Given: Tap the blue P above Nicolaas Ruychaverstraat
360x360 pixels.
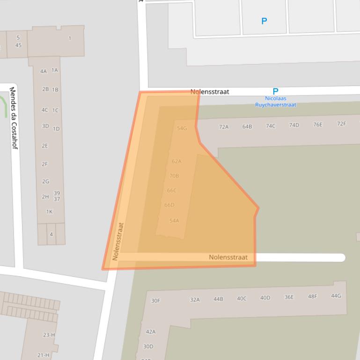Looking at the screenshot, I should point(275,92).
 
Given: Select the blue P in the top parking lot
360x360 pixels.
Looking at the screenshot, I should point(264,21).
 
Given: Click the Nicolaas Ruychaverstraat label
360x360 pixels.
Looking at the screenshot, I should point(275,101).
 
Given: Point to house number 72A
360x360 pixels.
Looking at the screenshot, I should point(224,127).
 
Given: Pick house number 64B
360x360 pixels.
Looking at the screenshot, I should point(247,126).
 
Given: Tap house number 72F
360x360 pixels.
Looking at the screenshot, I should point(342,124).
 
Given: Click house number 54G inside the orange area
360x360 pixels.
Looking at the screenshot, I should point(182,128).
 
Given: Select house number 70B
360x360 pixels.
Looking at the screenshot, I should point(174,176).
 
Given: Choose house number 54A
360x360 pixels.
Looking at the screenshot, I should point(174,221).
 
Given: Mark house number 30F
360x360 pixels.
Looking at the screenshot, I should point(155,301).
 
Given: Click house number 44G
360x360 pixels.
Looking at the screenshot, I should point(336,295).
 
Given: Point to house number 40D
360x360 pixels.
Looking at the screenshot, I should point(265,298).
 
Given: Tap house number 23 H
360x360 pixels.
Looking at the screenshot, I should point(49,335).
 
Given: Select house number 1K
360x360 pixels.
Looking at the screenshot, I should point(49,212).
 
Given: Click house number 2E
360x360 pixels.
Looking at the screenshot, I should point(45,146).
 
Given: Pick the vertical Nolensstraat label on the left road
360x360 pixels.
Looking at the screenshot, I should point(118,241).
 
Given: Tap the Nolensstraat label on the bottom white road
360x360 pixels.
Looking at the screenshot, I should point(228,257).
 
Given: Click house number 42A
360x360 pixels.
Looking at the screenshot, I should point(151,332).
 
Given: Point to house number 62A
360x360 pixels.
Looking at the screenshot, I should point(176,161).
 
